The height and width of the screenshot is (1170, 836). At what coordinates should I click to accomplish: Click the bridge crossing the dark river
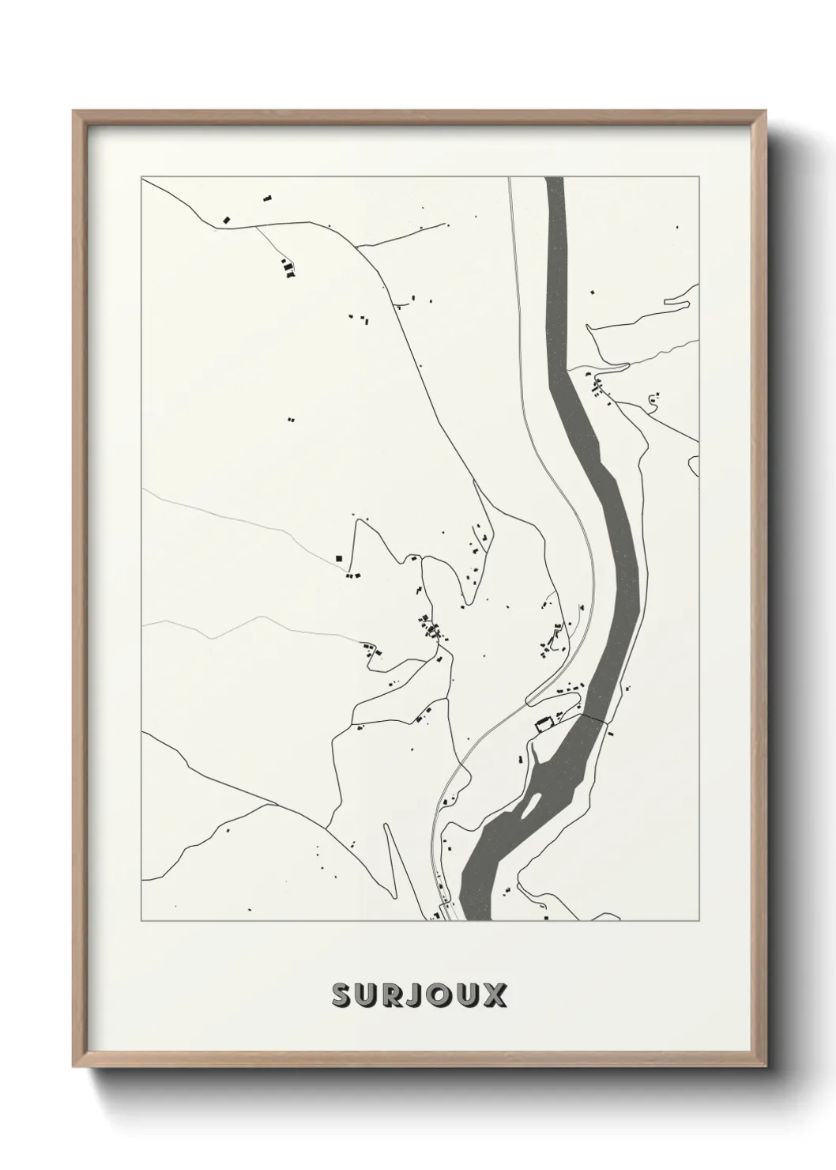593,717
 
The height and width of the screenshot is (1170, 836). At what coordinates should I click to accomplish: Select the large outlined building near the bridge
543,723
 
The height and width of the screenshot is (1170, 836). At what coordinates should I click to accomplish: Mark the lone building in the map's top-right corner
677,228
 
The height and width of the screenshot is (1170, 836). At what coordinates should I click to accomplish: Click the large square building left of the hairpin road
339,558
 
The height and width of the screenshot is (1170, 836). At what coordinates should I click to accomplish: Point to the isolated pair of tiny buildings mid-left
290,419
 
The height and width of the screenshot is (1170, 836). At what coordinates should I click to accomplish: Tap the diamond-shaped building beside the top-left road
227,218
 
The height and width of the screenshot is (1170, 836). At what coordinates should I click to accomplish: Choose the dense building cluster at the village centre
431,629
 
